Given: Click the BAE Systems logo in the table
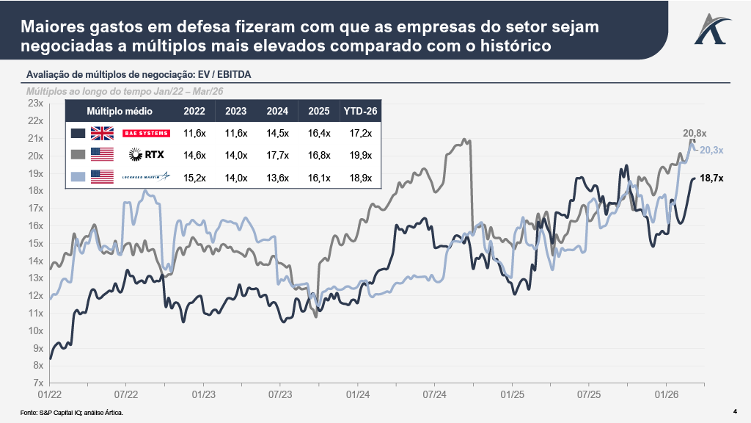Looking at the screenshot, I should point(147,133).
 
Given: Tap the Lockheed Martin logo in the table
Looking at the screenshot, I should point(146,176).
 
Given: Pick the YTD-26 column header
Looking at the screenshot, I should point(361,112).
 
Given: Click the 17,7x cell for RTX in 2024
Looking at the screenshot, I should point(277,155).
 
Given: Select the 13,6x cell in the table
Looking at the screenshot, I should point(277,177).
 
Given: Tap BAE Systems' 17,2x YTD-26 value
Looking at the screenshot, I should point(361,133).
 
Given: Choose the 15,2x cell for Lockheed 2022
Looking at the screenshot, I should point(194,177).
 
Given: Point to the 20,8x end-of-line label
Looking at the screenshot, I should point(694,133).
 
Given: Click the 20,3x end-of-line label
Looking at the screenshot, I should point(711,150).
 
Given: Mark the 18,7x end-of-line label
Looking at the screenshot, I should point(712,178).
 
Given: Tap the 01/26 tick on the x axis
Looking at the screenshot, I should point(665,394).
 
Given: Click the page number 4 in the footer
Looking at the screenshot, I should point(735,411).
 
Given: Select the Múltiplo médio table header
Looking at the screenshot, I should point(120,112).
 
